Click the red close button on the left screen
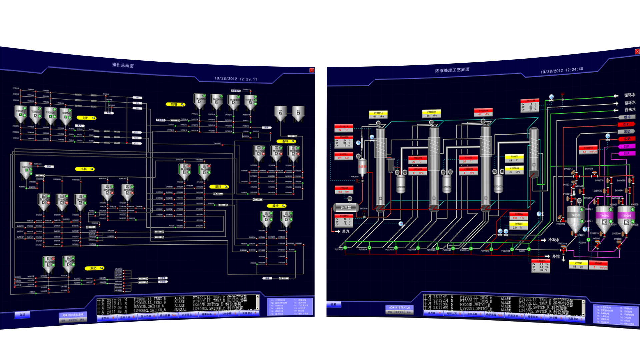pos(312,70)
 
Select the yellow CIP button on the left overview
pos(86,118)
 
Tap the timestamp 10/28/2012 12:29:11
pos(236,79)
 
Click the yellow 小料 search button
pos(85,169)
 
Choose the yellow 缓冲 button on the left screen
pos(276,206)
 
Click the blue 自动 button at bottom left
pos(22,315)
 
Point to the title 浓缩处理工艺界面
pos(452,70)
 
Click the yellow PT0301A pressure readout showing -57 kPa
pos(378,115)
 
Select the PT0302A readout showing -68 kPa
pos(431,114)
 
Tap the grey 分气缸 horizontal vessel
pos(346,207)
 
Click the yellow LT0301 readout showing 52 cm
pos(578,265)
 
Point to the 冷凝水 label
pos(554,240)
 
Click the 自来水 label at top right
pos(630,110)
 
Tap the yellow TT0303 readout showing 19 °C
pos(514,158)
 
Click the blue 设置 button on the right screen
pos(333,304)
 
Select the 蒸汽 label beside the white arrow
pos(346,231)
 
